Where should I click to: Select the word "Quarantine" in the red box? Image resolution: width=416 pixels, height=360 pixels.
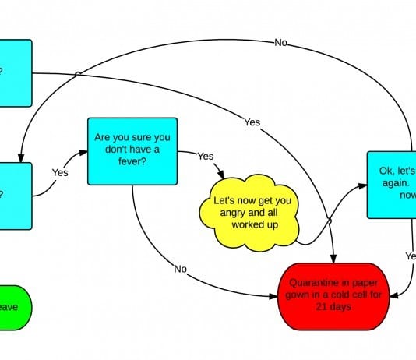coord(312,283)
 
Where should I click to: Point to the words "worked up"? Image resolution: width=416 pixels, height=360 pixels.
coord(256,224)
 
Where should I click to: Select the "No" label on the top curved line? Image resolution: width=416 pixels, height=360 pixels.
coord(281,43)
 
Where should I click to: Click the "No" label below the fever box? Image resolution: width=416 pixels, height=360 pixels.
coord(181,269)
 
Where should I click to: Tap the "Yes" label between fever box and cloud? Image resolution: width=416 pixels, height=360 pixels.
coord(205,156)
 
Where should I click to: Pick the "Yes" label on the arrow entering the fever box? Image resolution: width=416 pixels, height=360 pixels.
coord(60,171)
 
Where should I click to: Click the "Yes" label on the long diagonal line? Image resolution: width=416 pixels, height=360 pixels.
coord(252,122)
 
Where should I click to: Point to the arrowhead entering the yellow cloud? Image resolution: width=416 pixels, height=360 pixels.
coord(224,175)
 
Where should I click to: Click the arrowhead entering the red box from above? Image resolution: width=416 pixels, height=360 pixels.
coord(336,259)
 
